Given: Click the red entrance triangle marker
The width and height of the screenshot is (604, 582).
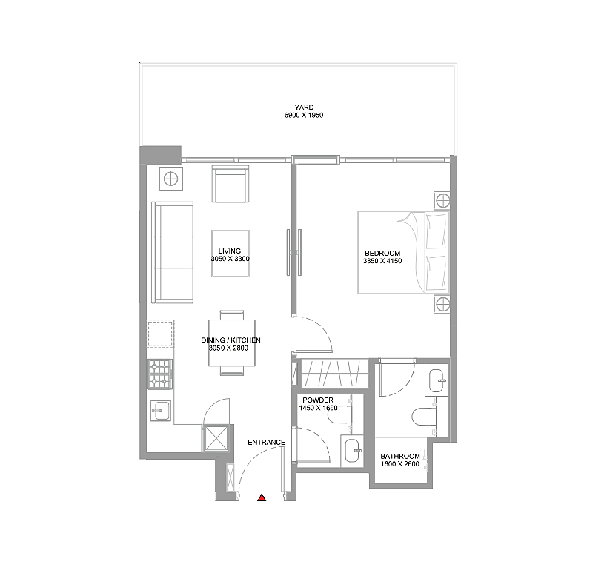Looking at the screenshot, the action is [262, 497].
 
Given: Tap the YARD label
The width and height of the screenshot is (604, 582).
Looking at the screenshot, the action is [304, 108].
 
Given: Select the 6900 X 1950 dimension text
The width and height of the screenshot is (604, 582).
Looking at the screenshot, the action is [304, 115].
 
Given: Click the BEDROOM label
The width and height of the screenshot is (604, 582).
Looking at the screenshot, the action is [382, 254].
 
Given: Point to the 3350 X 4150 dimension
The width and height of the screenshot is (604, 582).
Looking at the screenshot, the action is [382, 261].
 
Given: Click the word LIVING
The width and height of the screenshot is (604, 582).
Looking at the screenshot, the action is [230, 251].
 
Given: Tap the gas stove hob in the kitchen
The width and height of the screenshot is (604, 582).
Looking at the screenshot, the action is [160, 374].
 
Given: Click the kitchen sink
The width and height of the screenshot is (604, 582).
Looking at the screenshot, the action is [160, 411].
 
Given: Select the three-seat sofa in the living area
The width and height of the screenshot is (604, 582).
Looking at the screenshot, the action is [173, 252].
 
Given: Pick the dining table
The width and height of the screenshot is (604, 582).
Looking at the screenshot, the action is [231, 343].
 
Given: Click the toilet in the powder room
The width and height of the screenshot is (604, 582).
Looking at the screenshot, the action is [339, 414].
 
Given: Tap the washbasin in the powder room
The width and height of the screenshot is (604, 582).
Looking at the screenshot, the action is [352, 451].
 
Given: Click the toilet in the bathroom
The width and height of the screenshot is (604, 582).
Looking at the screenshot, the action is [424, 417].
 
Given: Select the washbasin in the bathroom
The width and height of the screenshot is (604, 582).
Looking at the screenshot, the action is [437, 380].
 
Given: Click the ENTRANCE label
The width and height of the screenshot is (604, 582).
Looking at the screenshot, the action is [267, 443].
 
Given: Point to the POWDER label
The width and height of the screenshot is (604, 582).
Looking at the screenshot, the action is [318, 400].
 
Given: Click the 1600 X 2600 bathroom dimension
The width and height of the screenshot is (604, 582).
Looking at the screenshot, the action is [400, 464].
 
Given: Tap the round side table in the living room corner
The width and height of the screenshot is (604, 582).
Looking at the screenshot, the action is [171, 179].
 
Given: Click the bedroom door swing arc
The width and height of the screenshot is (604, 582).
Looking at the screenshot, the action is [323, 328].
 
